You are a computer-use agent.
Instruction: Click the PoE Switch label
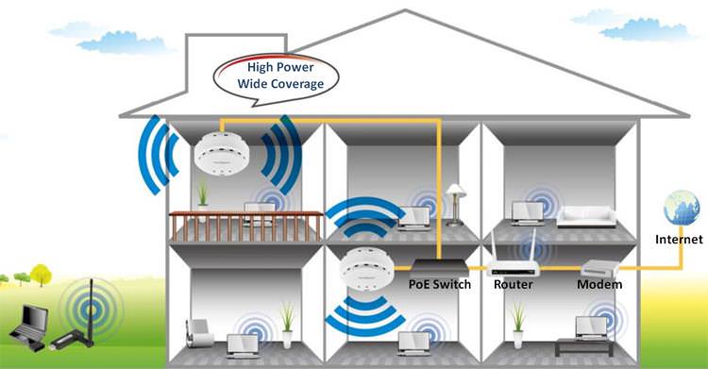439,285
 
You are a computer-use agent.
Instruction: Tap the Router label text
513,285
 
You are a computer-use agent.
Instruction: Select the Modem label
599,285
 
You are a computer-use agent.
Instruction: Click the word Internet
679,239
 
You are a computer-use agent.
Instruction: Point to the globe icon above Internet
682,208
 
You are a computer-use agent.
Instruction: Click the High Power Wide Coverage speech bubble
276,78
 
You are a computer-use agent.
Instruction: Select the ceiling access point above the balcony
222,154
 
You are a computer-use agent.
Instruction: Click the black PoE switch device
439,268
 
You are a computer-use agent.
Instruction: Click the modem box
599,269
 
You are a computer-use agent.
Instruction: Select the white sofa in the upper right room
586,216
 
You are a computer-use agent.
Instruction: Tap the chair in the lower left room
199,333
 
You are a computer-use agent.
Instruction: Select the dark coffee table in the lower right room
584,346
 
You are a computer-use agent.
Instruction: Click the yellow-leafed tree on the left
42,275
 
